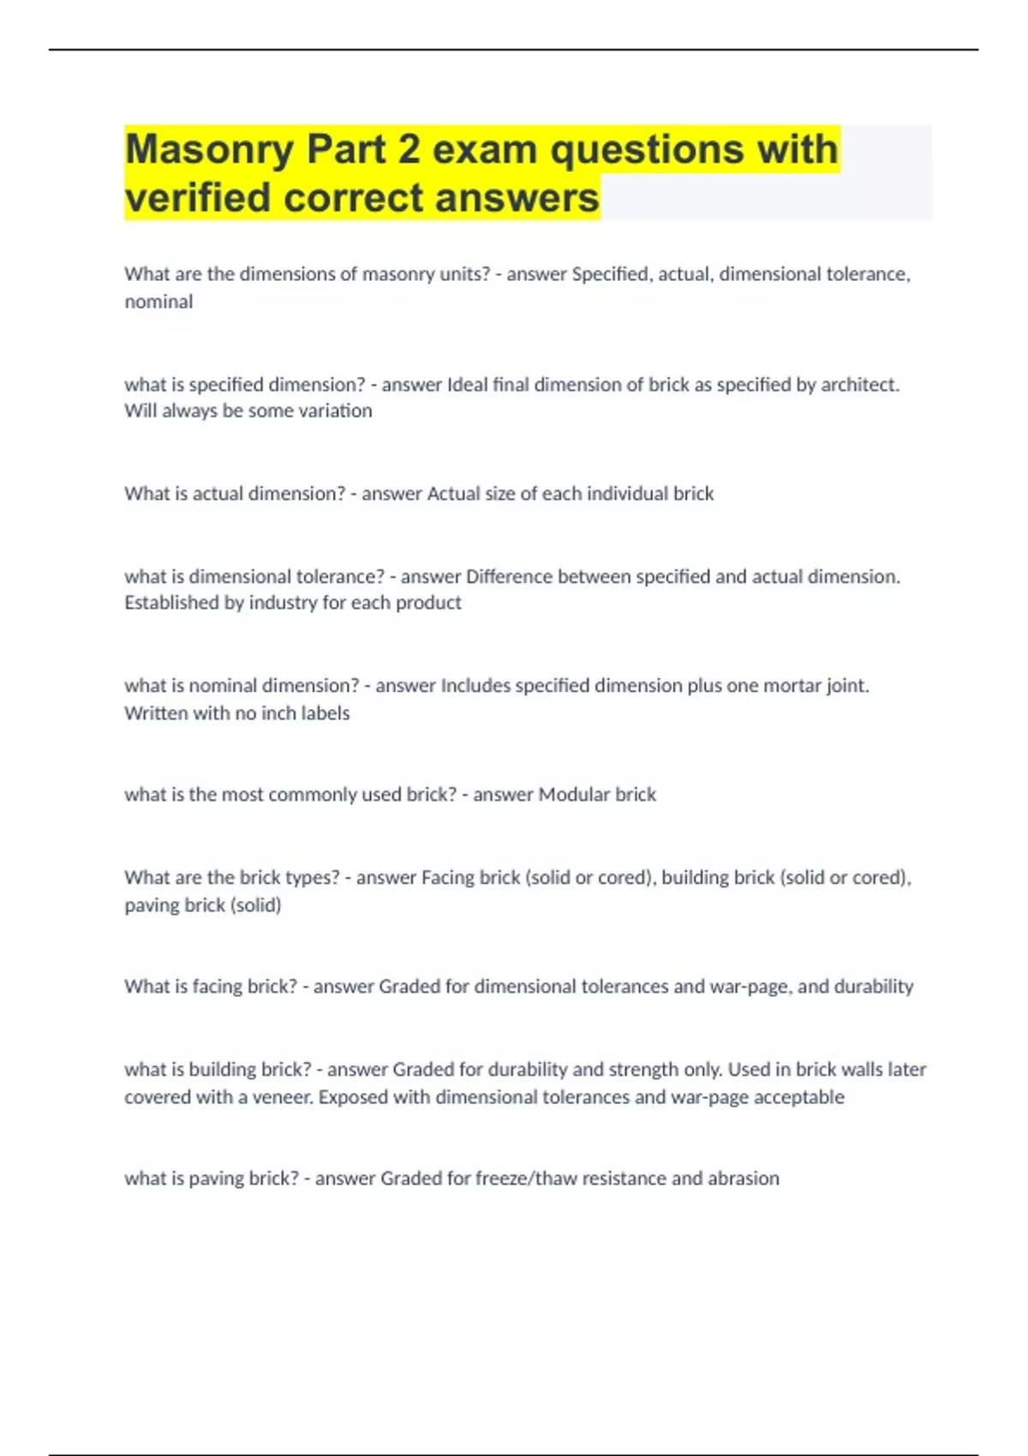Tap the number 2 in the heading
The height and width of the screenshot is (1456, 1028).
point(409,150)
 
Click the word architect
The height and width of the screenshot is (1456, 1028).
point(859,385)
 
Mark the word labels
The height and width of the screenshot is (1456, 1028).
point(325,713)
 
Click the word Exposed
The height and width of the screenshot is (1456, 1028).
point(353,1097)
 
